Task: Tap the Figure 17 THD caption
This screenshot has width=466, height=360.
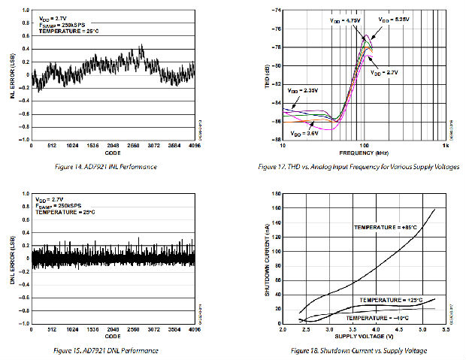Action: tap(364, 166)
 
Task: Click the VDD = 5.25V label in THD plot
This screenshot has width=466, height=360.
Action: tap(394, 20)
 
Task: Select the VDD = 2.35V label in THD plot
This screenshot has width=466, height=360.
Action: tap(303, 91)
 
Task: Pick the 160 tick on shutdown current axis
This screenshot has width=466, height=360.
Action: tap(276, 194)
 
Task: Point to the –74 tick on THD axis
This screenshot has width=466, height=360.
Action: tap(276, 11)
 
